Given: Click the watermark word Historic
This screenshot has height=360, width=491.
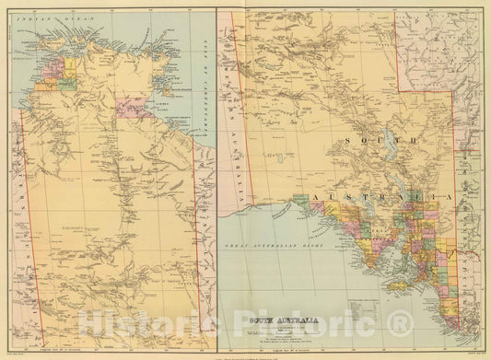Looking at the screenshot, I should click(138, 322).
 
